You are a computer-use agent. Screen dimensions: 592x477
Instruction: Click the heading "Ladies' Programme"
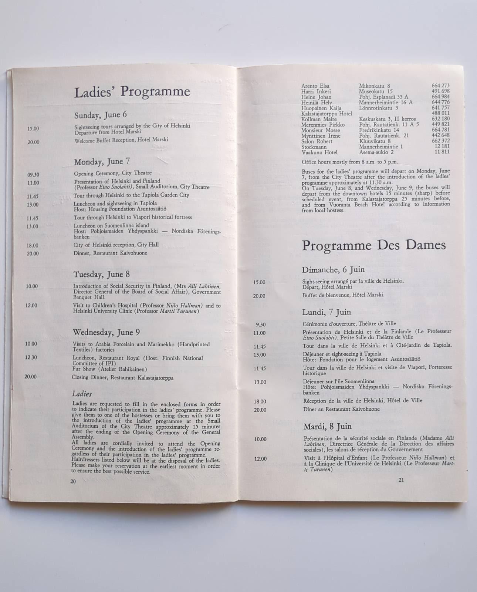[x=132, y=92]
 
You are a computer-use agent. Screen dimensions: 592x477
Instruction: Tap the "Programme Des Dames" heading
[x=374, y=245]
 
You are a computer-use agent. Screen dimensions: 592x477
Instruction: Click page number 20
[x=73, y=481]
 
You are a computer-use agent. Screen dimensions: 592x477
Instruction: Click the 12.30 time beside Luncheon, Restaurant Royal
[x=31, y=357]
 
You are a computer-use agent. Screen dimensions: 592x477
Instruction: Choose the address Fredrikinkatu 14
[x=379, y=130]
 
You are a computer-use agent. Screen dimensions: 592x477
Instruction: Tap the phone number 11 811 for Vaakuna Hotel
[x=442, y=152]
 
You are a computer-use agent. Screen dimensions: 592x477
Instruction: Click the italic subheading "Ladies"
[x=82, y=394]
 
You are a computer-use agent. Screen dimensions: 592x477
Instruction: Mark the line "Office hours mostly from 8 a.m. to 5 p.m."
[x=349, y=162]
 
